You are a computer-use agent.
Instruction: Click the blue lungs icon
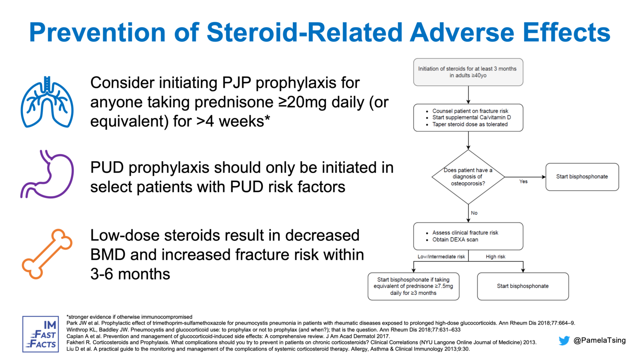47,102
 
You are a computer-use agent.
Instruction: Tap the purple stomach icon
47,174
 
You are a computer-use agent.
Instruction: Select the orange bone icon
47,254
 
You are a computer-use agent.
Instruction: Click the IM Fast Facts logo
40,334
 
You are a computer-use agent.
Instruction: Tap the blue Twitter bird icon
564,340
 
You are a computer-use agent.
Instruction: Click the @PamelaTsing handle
599,340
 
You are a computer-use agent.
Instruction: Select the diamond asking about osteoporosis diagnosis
468,177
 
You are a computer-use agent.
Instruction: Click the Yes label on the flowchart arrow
523,181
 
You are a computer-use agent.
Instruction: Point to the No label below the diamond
474,213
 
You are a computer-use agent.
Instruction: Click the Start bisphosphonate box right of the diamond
582,177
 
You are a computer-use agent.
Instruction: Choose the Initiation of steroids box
468,72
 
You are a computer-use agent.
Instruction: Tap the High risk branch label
495,257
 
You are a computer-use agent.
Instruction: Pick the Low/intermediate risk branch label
441,257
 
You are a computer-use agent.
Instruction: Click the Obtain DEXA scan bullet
455,240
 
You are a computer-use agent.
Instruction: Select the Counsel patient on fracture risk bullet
470,111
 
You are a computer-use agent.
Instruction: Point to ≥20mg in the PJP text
302,102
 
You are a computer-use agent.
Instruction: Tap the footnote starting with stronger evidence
130,317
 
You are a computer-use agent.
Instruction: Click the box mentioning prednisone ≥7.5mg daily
413,286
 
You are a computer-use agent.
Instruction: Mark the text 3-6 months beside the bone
130,274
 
